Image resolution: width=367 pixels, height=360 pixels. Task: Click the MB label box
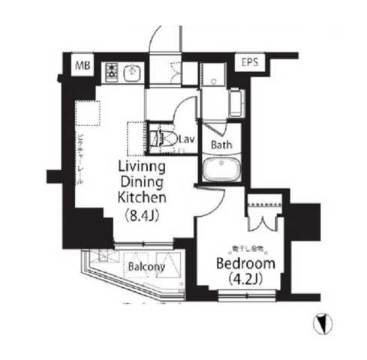pyautogui.click(x=82, y=67)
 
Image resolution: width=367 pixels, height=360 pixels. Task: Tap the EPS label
pyautogui.click(x=249, y=63)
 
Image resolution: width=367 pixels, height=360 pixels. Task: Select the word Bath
pyautogui.click(x=221, y=145)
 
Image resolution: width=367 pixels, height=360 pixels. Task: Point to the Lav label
pyautogui.click(x=187, y=139)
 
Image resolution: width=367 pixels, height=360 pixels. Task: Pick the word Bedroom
pyautogui.click(x=245, y=265)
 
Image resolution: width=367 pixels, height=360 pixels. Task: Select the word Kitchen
pyautogui.click(x=139, y=198)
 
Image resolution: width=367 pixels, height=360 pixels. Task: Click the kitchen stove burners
pyautogui.click(x=112, y=72)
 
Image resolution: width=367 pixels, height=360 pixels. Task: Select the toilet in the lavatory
pyautogui.click(x=160, y=139)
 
